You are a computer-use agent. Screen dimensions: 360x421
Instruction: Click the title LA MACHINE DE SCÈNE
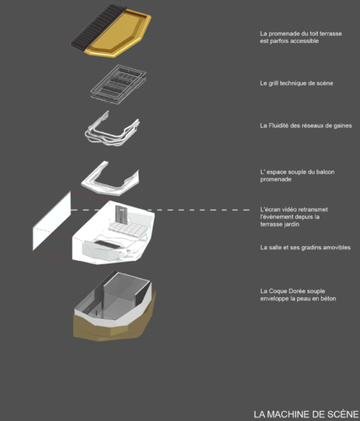[306, 414]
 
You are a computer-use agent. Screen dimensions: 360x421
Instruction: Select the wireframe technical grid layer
[119, 84]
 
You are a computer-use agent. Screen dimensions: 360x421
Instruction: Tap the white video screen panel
[52, 221]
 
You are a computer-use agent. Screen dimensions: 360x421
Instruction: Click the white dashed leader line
[160, 210]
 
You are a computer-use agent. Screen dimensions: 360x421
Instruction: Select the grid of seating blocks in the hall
[128, 229]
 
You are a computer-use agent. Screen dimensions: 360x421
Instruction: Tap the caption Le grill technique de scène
[296, 83]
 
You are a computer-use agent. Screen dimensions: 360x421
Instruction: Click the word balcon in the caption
[326, 172]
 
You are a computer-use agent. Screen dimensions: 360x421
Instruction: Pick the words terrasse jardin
[279, 224]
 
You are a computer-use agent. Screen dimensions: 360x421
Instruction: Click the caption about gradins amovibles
[305, 248]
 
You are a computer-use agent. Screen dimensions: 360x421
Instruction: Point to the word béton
[328, 299]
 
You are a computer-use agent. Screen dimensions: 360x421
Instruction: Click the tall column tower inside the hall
[122, 215]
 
